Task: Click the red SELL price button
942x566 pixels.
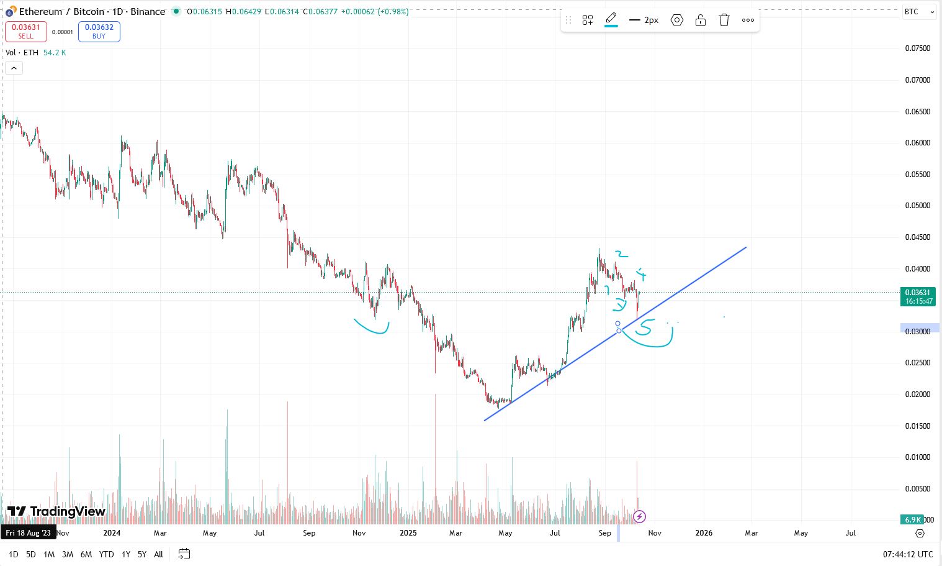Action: (x=26, y=31)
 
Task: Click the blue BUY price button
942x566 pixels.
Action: (x=99, y=31)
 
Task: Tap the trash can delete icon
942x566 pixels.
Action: (x=724, y=20)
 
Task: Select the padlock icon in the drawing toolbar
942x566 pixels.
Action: (x=701, y=20)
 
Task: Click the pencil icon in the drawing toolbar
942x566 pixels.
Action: (x=611, y=19)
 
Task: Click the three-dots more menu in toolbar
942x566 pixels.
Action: (x=748, y=20)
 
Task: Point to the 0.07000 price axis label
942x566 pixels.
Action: (x=918, y=80)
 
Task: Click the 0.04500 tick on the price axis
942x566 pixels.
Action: (x=918, y=237)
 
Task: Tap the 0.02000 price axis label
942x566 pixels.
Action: (x=918, y=395)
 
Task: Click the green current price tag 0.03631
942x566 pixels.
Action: (x=918, y=296)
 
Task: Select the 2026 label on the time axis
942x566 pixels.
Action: (x=704, y=533)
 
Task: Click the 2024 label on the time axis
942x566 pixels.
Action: (x=112, y=533)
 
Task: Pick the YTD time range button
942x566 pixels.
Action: (x=106, y=554)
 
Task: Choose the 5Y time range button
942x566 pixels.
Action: (x=142, y=554)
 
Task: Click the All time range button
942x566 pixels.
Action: (x=159, y=554)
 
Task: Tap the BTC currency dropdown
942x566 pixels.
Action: (x=918, y=12)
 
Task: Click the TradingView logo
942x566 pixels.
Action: (x=56, y=511)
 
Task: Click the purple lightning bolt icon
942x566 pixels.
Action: (x=639, y=516)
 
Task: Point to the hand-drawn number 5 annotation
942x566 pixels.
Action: (x=645, y=327)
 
